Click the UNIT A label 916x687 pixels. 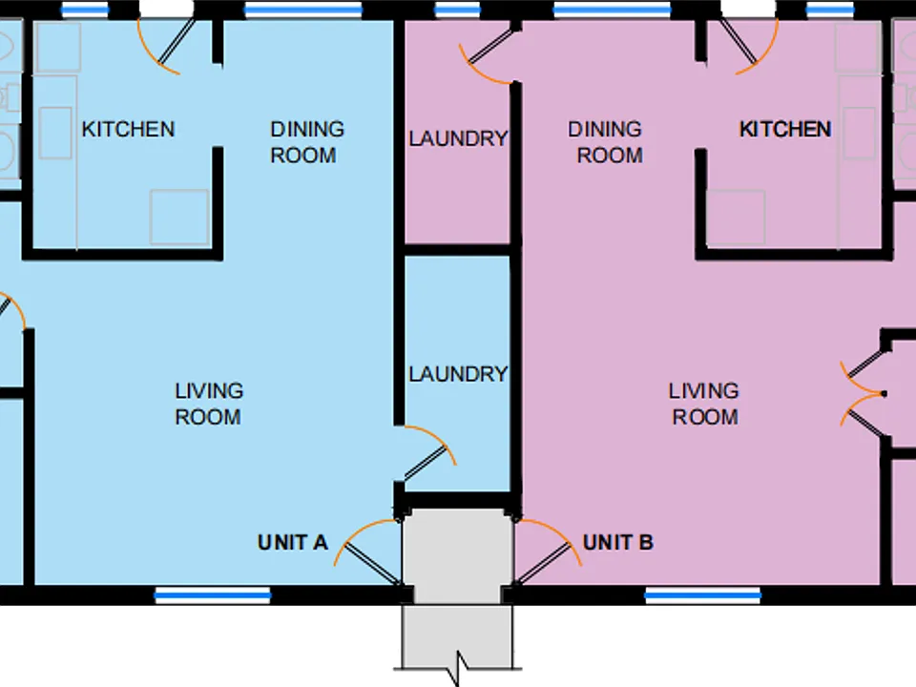(292, 543)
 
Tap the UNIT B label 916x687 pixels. (618, 543)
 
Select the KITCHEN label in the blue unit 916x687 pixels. (128, 129)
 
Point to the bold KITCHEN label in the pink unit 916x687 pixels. (785, 129)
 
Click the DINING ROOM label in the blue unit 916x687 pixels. (306, 142)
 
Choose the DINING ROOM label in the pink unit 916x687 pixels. (605, 142)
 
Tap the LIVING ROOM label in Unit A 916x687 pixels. (209, 404)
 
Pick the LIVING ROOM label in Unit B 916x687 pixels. (704, 404)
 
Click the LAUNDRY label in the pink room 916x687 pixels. (458, 139)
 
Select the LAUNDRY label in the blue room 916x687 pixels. (458, 374)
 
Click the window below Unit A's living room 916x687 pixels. (213, 595)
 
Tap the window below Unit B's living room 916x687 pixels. (703, 595)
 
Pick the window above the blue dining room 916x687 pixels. (303, 10)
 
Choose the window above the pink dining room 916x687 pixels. (612, 10)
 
